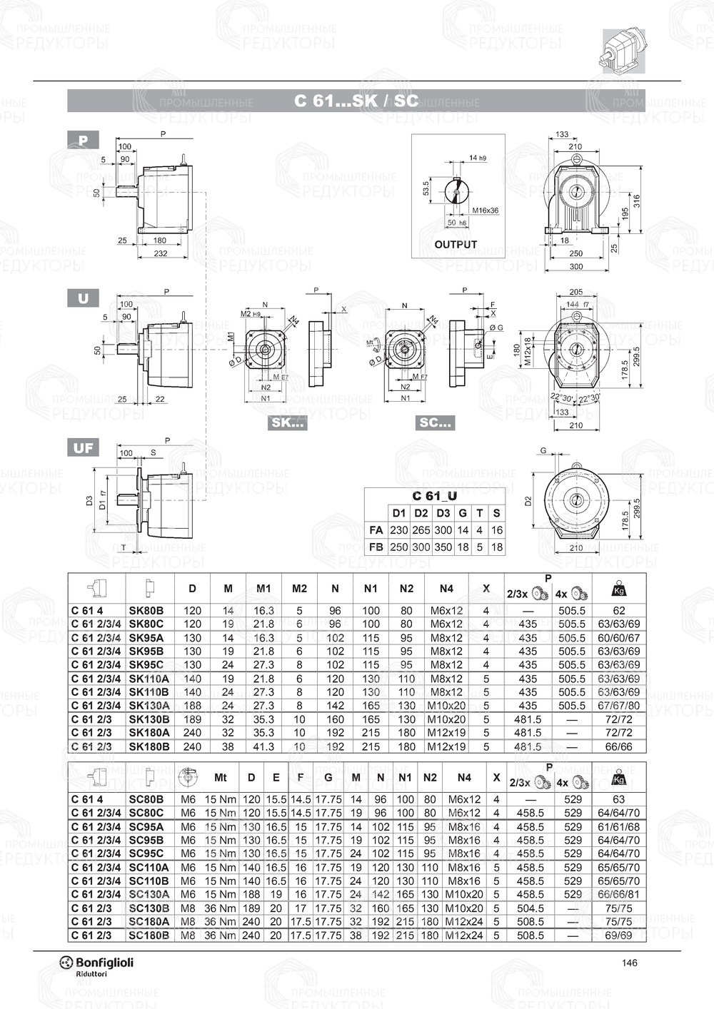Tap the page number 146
tap(629, 963)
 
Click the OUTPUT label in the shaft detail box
tap(456, 245)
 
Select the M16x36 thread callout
tap(486, 211)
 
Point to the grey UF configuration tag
tap(83, 447)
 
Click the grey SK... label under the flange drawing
tap(287, 422)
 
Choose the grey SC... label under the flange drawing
tap(435, 422)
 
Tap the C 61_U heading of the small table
tap(435, 496)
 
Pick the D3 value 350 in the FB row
tap(443, 547)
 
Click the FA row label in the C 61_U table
tap(376, 530)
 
